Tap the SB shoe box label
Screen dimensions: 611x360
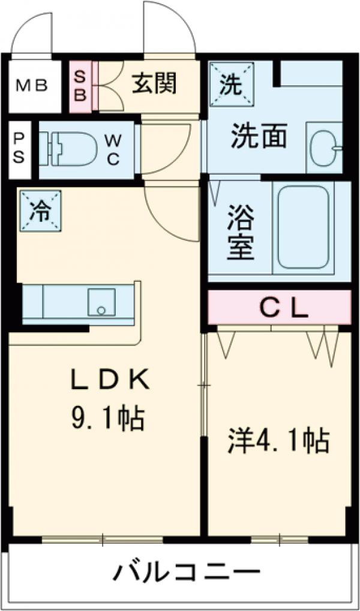80,86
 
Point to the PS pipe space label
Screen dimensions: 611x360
19,149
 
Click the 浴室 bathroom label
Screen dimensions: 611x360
240,233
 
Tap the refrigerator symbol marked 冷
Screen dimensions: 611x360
40,211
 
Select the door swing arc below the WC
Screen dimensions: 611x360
170,213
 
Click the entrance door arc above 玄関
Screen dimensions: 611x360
170,27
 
